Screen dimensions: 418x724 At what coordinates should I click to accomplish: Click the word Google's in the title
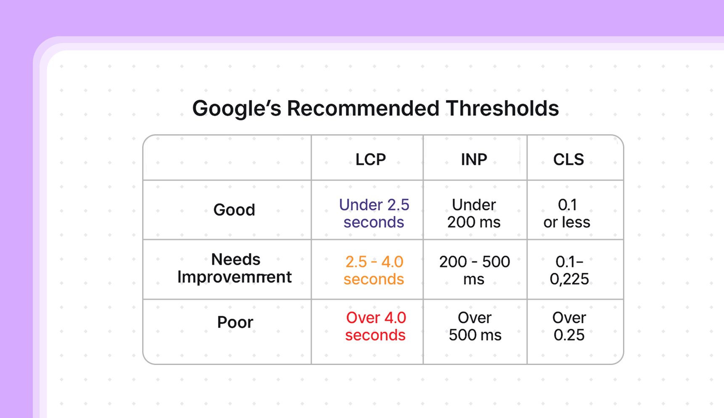236,109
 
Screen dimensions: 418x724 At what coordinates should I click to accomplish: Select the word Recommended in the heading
363,109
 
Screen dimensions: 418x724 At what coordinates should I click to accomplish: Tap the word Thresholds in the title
502,109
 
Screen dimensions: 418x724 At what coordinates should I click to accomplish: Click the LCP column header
370,160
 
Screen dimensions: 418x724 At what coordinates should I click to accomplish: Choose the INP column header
474,160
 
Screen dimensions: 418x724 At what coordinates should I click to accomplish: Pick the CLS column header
568,160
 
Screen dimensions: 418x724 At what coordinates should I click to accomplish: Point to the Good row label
234,210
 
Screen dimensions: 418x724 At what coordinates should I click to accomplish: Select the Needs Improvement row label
235,268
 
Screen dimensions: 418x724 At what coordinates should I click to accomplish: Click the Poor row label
235,322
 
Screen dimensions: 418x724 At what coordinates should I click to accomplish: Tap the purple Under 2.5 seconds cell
374,213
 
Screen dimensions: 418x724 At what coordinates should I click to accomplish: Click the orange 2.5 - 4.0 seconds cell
374,270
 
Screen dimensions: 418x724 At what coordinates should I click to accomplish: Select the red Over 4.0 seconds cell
376,326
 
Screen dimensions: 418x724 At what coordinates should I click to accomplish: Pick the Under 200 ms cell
474,213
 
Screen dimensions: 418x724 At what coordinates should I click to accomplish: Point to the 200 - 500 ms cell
475,270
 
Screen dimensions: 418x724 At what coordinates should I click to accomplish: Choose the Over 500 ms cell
475,326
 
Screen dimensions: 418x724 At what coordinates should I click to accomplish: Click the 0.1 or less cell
567,213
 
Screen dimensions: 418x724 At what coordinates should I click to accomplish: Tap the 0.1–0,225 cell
569,270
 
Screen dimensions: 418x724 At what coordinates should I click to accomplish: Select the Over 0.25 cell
569,326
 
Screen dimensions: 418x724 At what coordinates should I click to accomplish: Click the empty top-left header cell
227,158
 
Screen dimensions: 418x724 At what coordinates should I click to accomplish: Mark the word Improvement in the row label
235,277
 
